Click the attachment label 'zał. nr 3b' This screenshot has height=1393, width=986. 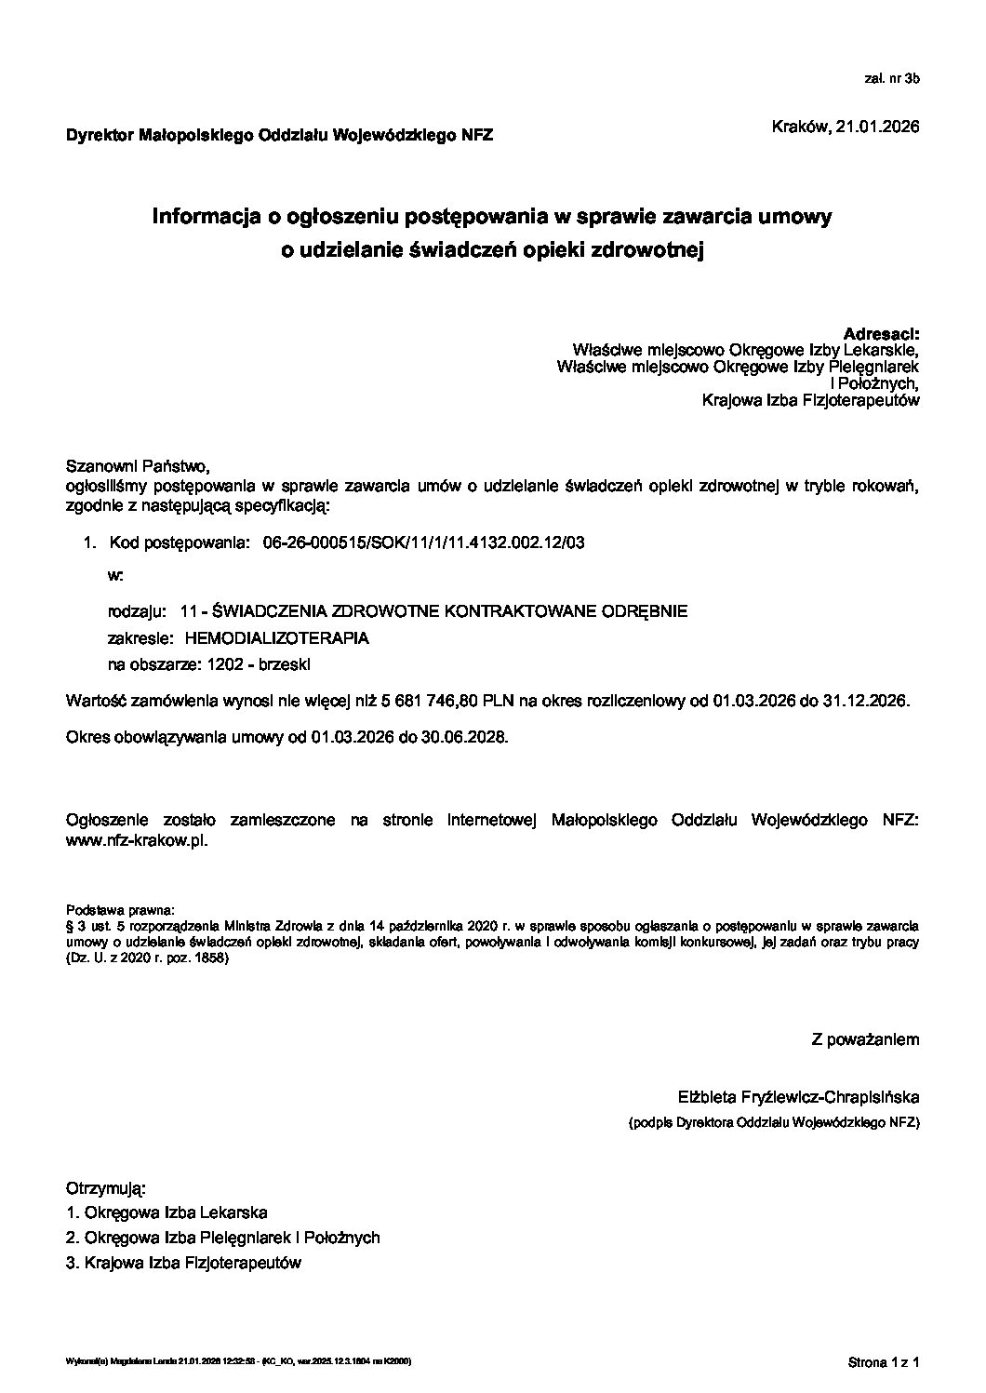pyautogui.click(x=891, y=79)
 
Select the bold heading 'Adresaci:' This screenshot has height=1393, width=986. pyautogui.click(x=881, y=333)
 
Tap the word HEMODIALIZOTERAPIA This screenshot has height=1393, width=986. pyautogui.click(x=276, y=638)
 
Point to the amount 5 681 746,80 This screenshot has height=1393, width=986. pyautogui.click(x=434, y=700)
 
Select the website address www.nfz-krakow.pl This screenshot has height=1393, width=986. pyautogui.click(x=137, y=839)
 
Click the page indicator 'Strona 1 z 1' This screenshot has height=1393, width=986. pyautogui.click(x=884, y=1362)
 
